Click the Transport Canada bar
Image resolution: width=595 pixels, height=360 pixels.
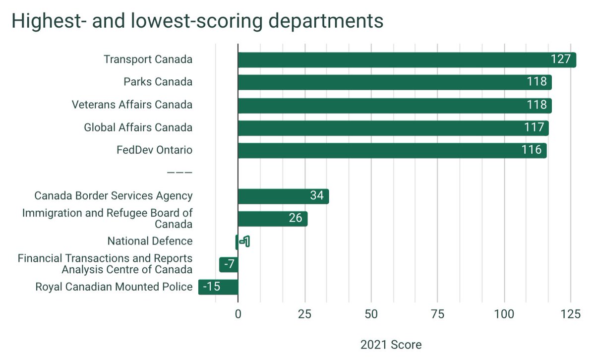[407, 60]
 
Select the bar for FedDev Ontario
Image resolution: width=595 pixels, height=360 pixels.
[392, 150]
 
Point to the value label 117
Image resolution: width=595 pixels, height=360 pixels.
[534, 128]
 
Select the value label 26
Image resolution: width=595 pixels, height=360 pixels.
[296, 219]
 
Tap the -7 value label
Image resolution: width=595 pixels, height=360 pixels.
[229, 265]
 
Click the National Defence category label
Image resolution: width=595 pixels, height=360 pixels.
[150, 241]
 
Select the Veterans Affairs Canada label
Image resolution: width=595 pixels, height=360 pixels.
[132, 105]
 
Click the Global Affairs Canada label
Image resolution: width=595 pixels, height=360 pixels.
[138, 128]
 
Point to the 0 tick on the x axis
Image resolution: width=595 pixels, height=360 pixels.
[238, 314]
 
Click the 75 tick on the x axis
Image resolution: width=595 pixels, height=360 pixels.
[437, 314]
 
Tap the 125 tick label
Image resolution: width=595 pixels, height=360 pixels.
[570, 314]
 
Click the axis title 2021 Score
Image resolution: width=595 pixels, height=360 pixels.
[391, 345]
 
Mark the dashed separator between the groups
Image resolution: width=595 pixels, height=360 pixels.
[179, 173]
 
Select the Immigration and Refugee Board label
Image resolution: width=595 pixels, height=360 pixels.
[107, 219]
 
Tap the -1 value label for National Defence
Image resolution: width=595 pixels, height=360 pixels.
[244, 242]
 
